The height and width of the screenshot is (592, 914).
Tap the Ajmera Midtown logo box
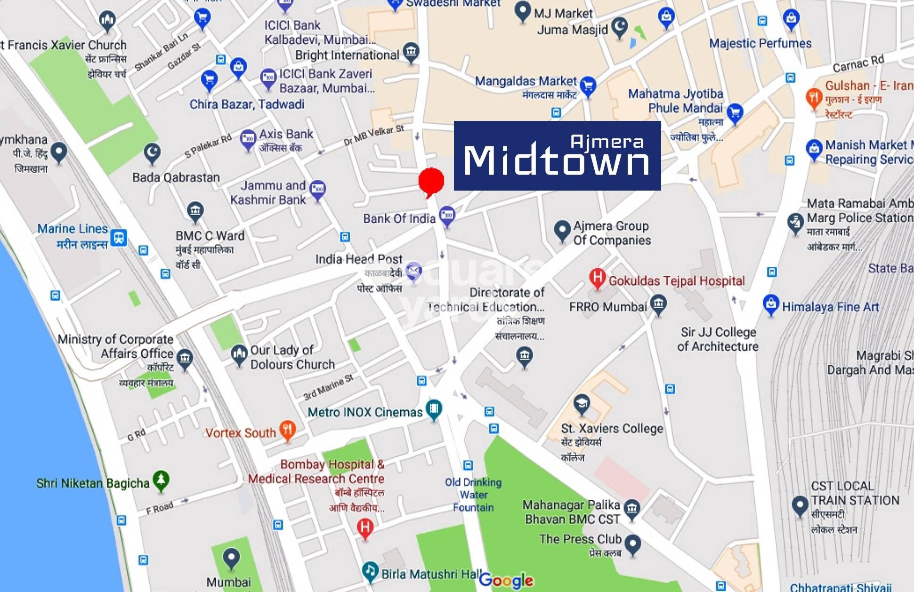coord(557,156)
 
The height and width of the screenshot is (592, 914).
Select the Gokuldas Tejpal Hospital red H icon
coord(597,277)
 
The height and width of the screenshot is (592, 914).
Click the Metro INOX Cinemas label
coord(365,412)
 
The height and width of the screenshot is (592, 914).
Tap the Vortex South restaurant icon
coord(287,430)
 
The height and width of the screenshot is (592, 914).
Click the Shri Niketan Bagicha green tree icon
coord(161,480)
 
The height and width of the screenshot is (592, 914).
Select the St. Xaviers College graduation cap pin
coord(582,404)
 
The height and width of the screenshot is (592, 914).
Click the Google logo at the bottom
coord(506,581)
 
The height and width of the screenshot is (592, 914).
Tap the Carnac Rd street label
coord(858,64)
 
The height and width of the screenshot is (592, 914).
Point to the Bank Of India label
coord(399,219)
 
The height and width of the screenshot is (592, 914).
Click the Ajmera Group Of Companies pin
coord(562,230)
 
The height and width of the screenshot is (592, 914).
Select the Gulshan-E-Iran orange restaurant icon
coord(814,97)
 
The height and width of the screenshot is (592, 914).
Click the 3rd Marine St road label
coord(328,387)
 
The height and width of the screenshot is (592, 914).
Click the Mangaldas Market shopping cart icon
coord(588,86)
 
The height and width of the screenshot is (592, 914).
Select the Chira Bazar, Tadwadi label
coord(247,104)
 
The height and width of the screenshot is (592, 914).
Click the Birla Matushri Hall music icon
coord(371,571)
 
